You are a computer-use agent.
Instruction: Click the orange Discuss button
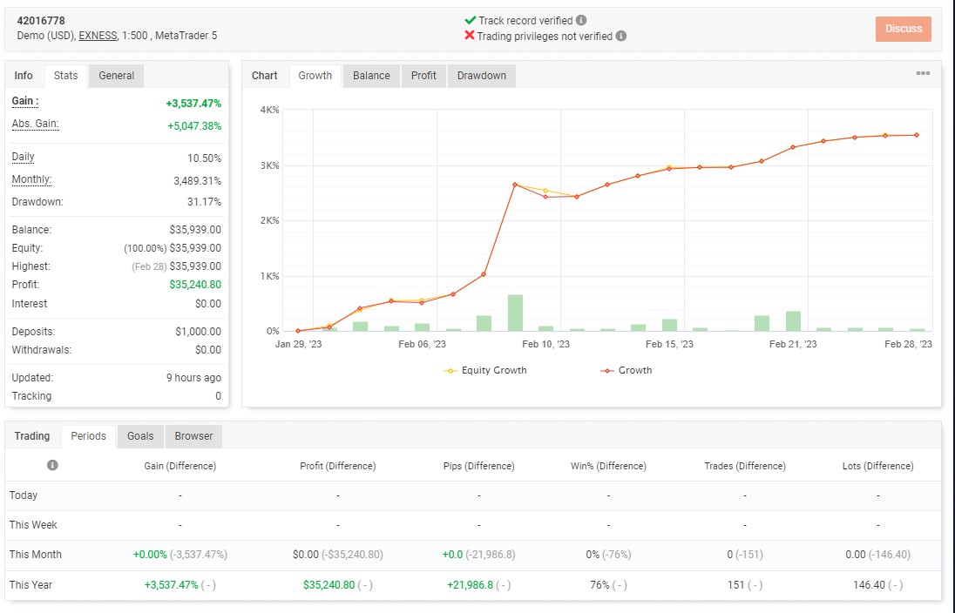click(x=904, y=29)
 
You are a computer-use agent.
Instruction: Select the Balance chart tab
click(x=371, y=76)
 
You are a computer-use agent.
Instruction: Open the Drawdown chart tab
click(x=481, y=76)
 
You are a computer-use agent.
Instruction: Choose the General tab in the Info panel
click(x=117, y=76)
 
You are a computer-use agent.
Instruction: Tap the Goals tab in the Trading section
click(x=140, y=436)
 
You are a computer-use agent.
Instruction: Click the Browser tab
click(x=193, y=436)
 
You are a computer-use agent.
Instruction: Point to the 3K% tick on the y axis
click(x=270, y=165)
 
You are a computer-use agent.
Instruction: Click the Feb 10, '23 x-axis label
click(x=545, y=344)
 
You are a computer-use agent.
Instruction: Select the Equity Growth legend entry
click(x=485, y=370)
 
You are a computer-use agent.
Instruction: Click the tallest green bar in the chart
click(x=515, y=313)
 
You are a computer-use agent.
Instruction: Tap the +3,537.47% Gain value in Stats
click(x=193, y=104)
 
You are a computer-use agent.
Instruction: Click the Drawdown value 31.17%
click(x=204, y=201)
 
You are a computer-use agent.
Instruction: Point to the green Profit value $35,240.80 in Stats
click(x=195, y=284)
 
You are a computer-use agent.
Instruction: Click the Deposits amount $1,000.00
click(x=198, y=331)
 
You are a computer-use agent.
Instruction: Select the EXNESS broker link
click(x=98, y=36)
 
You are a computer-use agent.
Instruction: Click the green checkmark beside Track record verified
click(x=470, y=20)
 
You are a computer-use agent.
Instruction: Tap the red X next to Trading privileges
click(x=469, y=36)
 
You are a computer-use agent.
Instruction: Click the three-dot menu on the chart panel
click(x=923, y=73)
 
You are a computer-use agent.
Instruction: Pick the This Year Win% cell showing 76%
click(x=599, y=584)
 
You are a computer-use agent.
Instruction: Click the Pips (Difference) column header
click(x=478, y=466)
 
